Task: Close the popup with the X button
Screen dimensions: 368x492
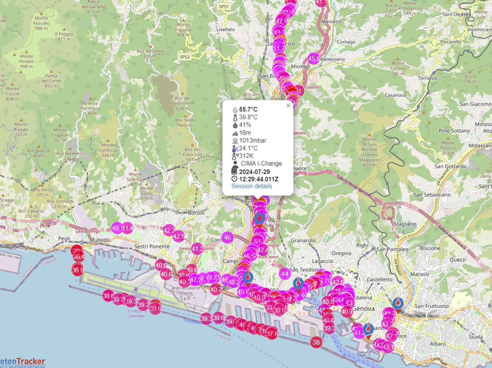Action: click(x=288, y=106)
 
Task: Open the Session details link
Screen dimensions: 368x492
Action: click(x=251, y=186)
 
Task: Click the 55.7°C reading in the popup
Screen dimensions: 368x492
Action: click(x=248, y=110)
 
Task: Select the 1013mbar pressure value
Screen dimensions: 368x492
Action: click(x=253, y=140)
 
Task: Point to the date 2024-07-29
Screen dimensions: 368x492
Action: click(x=255, y=172)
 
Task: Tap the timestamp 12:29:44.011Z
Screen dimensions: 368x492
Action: click(x=259, y=179)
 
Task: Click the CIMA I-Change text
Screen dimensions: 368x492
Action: click(x=261, y=163)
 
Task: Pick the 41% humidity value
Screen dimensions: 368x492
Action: click(x=245, y=125)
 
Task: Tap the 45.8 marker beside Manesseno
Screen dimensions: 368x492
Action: click(x=314, y=59)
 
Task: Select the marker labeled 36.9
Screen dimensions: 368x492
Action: click(x=77, y=270)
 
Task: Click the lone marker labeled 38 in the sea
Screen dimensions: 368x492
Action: click(x=316, y=342)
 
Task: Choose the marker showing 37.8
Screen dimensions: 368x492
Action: click(x=272, y=334)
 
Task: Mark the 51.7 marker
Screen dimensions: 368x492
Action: click(x=279, y=48)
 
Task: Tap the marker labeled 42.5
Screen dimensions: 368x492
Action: click(x=178, y=236)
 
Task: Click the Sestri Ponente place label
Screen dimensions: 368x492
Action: click(x=152, y=247)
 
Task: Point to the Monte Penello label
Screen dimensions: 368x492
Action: click(x=26, y=61)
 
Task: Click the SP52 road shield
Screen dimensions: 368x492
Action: click(x=184, y=56)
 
